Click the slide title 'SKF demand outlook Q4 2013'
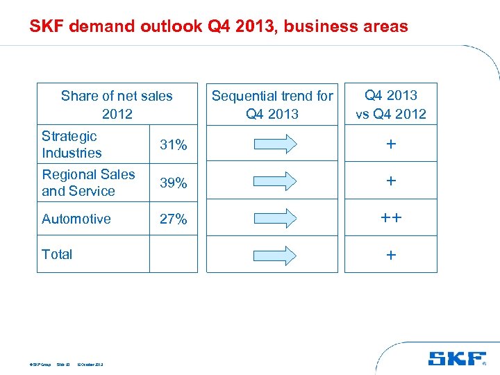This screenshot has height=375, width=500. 218,27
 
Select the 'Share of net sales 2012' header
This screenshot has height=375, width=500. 117,104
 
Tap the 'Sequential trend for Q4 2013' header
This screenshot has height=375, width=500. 272,104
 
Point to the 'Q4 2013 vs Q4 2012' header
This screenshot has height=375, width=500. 391,104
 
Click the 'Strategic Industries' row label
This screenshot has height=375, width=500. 72,144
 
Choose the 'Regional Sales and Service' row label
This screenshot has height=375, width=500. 88,183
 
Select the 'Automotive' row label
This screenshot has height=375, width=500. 76,219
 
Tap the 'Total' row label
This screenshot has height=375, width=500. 57,254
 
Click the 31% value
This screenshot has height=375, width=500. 174,144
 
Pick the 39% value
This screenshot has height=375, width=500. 174,183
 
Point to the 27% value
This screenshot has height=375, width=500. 174,219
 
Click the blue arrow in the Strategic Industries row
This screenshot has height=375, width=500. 272,144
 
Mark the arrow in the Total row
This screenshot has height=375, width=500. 272,254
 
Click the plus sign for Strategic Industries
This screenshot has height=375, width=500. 391,144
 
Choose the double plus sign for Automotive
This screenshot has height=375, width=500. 391,217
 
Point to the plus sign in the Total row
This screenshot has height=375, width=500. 391,255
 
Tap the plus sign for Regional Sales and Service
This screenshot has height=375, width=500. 391,181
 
